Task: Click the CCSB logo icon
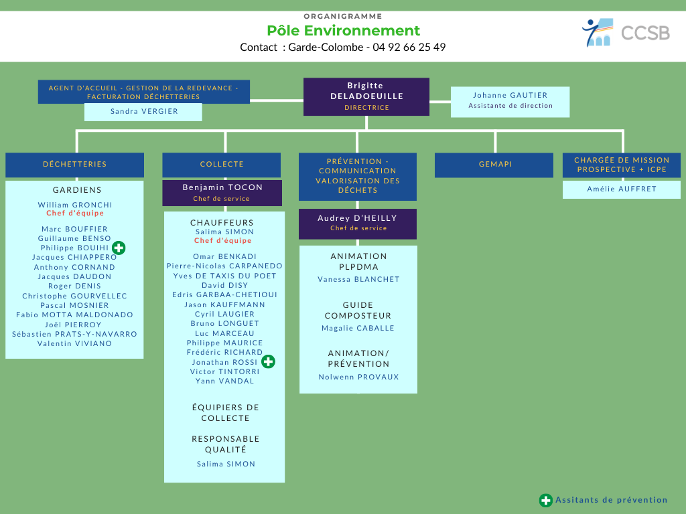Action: tap(597, 32)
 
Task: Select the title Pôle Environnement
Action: tap(343, 31)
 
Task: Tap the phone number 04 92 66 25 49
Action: tap(409, 48)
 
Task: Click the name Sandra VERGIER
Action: tap(144, 112)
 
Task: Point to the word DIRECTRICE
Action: tap(366, 108)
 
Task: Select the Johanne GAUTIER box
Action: tap(510, 102)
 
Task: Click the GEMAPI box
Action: tap(494, 165)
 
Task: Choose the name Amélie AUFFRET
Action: tap(622, 189)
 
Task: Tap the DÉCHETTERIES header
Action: tap(75, 165)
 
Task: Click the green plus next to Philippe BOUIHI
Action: tap(119, 248)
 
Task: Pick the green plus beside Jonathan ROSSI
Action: tap(268, 361)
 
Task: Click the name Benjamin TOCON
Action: tap(222, 187)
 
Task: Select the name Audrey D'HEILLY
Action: tap(358, 218)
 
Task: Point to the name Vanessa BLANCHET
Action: tap(359, 279)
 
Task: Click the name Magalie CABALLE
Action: tap(358, 328)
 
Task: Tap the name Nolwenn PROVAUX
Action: tap(359, 377)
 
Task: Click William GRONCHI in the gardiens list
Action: tap(75, 205)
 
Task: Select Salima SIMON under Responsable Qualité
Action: tap(226, 464)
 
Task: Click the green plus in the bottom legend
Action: tap(545, 501)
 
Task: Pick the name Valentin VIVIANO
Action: tap(75, 343)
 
